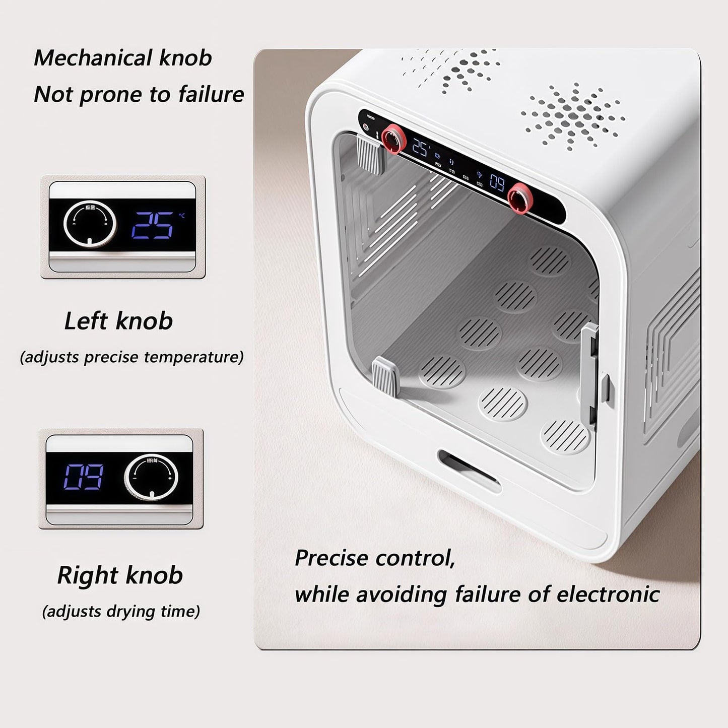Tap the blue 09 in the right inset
[x=84, y=477]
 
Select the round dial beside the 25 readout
[x=87, y=225]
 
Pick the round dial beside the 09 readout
[x=151, y=477]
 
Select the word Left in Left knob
[x=86, y=321]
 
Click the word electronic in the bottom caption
[x=608, y=594]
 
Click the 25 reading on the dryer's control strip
[x=420, y=147]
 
